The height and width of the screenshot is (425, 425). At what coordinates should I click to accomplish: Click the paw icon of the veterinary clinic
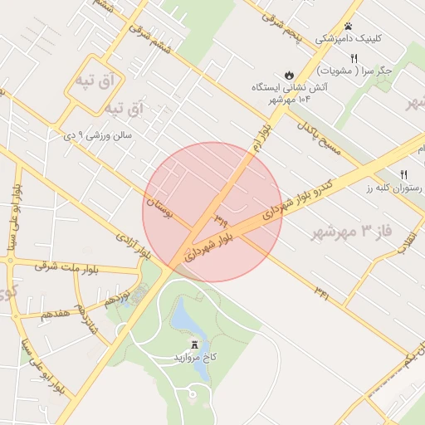[348, 27]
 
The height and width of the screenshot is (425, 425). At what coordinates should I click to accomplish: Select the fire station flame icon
[288, 75]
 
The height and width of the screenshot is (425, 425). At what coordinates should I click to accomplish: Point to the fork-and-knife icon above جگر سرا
[354, 58]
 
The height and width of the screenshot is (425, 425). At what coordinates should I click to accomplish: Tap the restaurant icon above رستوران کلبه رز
[404, 174]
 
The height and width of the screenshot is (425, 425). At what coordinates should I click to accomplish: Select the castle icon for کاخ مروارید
[195, 344]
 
